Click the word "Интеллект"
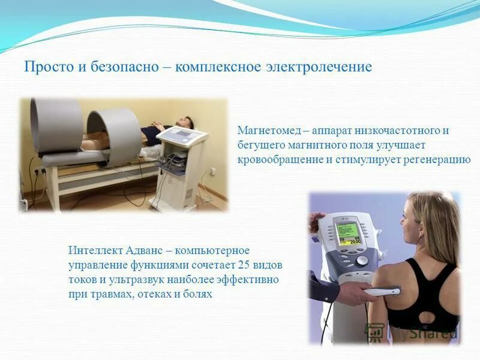click(x=94, y=250)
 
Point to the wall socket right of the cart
click(x=212, y=171)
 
